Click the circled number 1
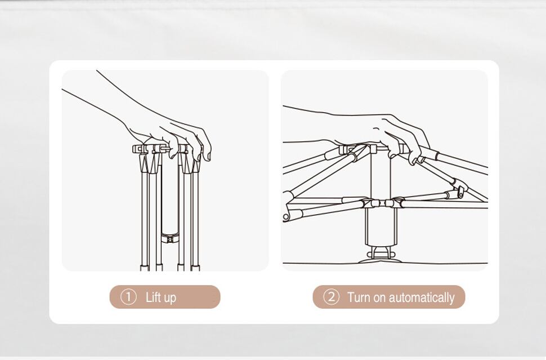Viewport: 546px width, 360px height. [128, 297]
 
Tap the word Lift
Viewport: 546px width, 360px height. [153, 297]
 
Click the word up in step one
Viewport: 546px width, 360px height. [169, 299]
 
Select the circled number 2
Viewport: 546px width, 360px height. [331, 297]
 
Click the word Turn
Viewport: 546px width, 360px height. [359, 297]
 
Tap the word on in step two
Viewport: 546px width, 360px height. [379, 299]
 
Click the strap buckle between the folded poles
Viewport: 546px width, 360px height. [170, 239]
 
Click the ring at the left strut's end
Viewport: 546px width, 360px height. [286, 217]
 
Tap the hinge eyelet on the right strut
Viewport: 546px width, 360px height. [460, 192]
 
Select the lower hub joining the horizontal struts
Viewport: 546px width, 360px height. [381, 203]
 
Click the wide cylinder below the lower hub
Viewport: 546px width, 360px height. [381, 226]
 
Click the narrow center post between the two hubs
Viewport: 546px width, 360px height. [381, 176]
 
